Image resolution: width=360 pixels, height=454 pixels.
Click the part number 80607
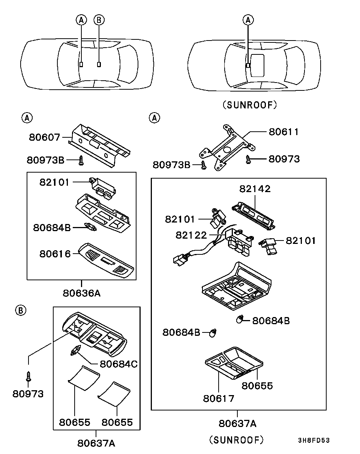(45, 137)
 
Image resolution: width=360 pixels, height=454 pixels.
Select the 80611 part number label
(284, 132)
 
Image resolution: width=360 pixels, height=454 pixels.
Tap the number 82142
(255, 189)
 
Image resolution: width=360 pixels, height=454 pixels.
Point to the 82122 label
(191, 235)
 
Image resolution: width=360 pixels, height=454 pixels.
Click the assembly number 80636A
(82, 293)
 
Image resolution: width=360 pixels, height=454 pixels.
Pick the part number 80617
(219, 399)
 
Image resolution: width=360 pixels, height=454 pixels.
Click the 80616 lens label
(55, 254)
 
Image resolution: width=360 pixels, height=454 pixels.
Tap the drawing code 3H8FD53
(314, 440)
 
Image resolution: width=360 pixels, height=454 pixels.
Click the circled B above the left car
(99, 20)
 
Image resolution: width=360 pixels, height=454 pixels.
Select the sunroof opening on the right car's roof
(257, 65)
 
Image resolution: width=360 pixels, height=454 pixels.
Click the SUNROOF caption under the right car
(250, 105)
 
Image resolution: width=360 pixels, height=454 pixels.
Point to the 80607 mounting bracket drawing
(99, 145)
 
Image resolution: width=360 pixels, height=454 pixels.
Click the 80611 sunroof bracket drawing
(227, 147)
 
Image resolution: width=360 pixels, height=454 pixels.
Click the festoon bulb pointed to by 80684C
(75, 350)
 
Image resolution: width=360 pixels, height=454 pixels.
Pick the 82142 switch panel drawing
(253, 216)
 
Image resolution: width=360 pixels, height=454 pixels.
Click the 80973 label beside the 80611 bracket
(284, 159)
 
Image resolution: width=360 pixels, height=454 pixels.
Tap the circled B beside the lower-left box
(21, 310)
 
